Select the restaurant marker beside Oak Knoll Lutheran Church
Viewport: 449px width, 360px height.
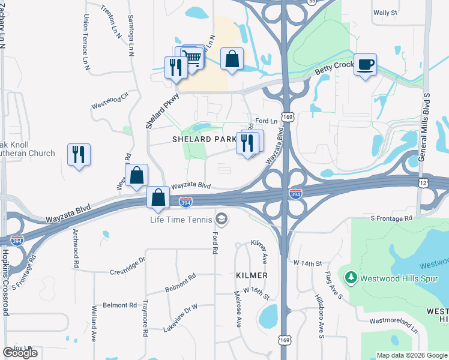click(x=79, y=155)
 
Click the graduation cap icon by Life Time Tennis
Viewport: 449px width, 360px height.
click(x=221, y=219)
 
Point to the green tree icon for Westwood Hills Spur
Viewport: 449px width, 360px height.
click(x=351, y=278)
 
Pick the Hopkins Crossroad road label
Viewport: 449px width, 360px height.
click(x=6, y=282)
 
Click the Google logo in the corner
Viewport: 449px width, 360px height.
click(x=20, y=353)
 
